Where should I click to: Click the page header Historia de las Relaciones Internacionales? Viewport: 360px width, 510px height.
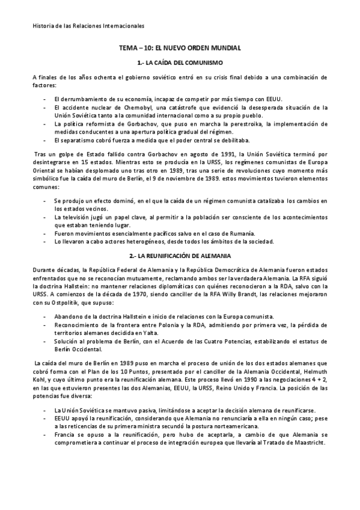pyautogui.click(x=88, y=25)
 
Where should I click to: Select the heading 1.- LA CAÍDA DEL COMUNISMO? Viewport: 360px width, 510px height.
pyautogui.click(x=180, y=63)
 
